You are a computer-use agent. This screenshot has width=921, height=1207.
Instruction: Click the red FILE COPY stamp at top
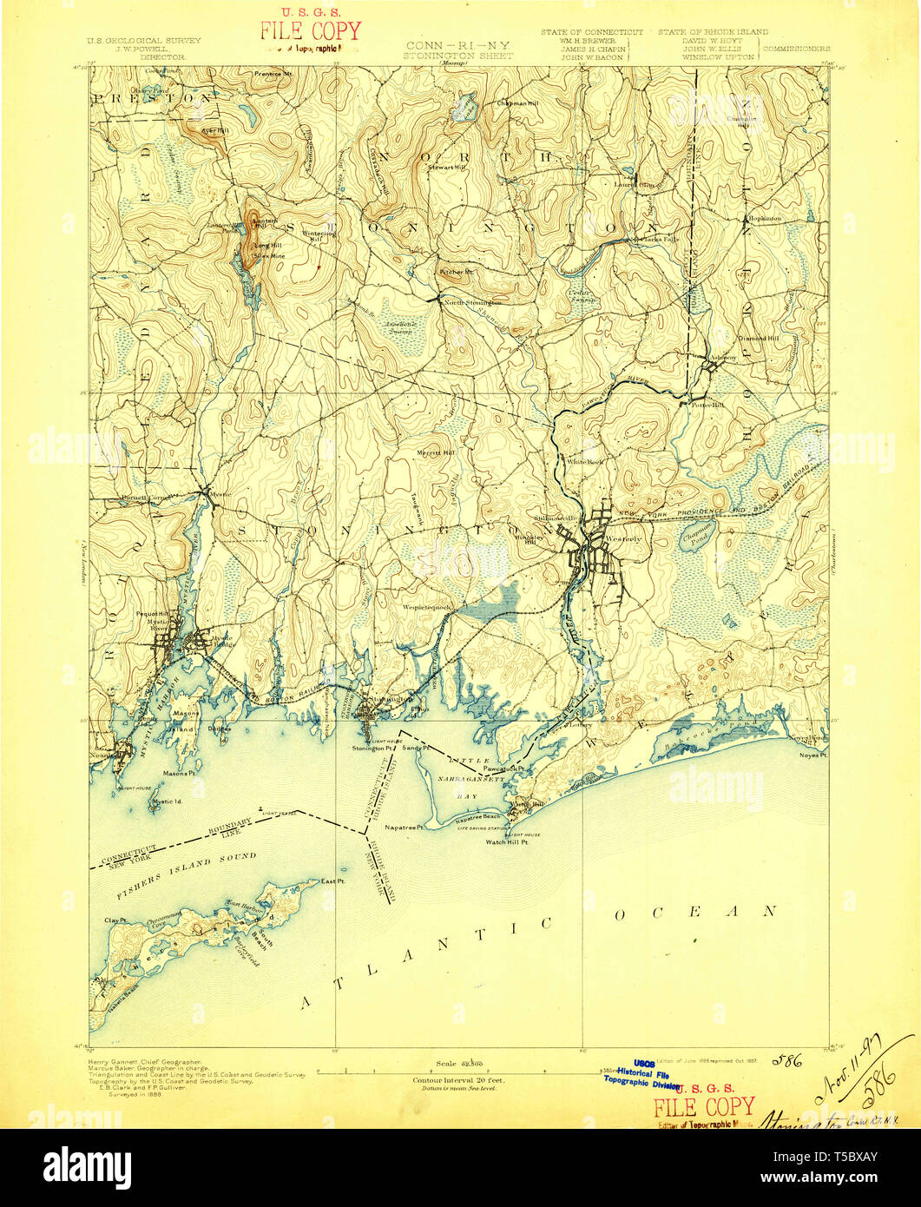tap(310, 30)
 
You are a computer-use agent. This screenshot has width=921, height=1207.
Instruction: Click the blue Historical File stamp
tap(643, 1073)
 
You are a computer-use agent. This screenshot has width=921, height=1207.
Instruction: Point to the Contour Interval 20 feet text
tap(459, 1079)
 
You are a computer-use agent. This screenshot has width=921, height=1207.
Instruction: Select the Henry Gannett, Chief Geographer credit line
tap(145, 1062)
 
